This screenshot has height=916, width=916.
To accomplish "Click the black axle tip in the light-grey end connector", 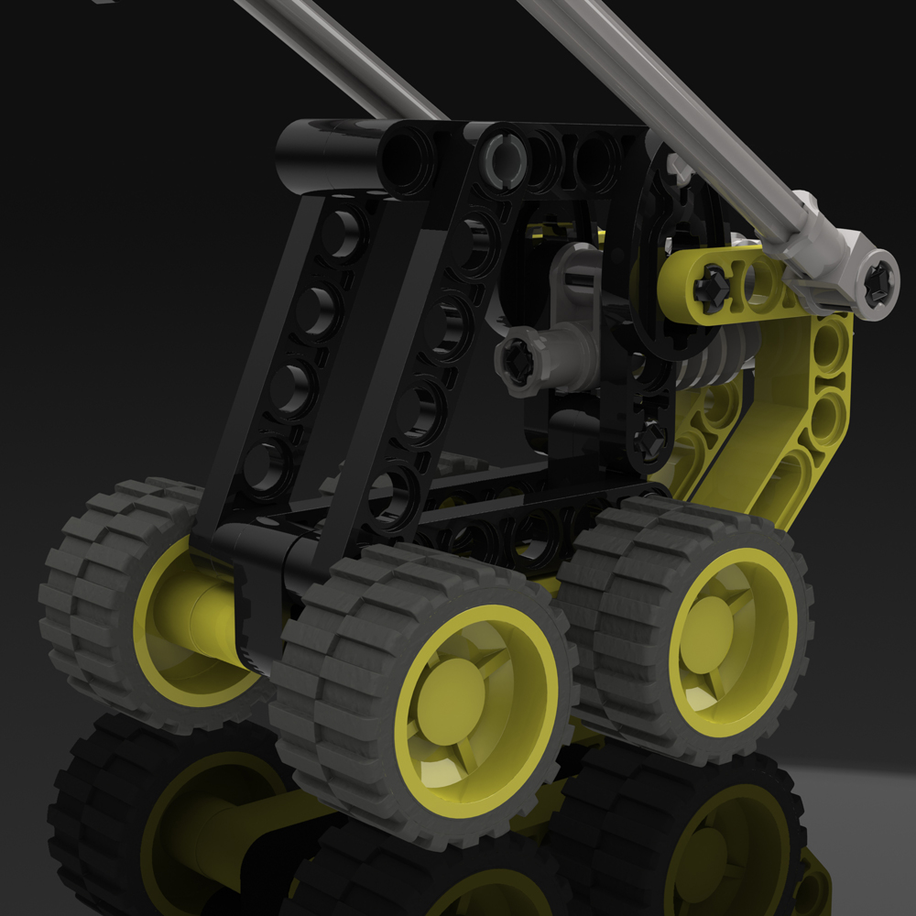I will tap(878, 282).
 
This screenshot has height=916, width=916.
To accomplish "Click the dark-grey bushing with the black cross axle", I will tap(516, 362).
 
